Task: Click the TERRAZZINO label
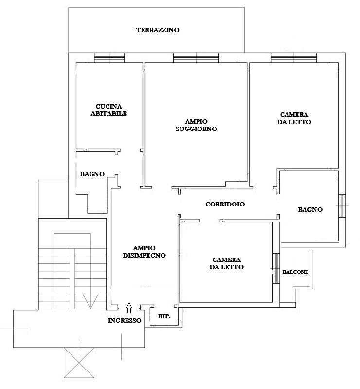[x=158, y=30]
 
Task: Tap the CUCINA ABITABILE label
[x=109, y=110]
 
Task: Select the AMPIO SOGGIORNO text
[x=196, y=125]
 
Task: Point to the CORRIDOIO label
[x=225, y=204]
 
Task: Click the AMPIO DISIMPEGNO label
[x=144, y=252]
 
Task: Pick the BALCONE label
[x=295, y=272]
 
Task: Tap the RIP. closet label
[x=164, y=316]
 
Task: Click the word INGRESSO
[x=125, y=320]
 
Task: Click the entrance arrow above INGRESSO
[x=129, y=308]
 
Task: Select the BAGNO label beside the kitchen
[x=92, y=174]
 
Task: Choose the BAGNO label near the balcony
[x=310, y=210]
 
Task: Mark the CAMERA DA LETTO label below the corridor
[x=226, y=263]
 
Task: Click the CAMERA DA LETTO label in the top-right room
[x=294, y=118]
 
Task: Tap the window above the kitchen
[x=109, y=57]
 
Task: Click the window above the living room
[x=196, y=57]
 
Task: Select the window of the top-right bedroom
[x=294, y=57]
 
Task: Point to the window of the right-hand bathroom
[x=342, y=206]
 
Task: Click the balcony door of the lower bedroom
[x=276, y=268]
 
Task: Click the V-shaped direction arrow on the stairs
[x=90, y=301]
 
